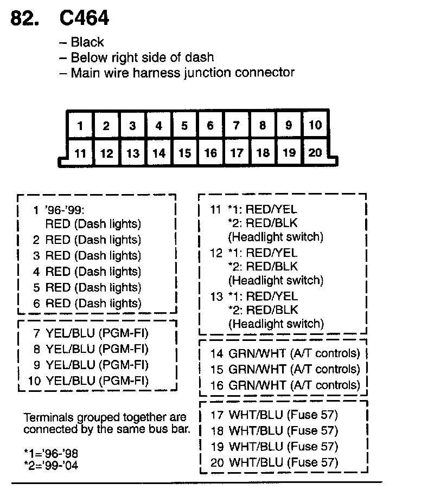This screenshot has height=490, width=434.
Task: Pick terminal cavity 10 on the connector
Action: (315, 126)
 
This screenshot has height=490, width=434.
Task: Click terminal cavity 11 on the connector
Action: (80, 153)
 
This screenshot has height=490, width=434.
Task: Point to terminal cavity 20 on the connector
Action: (315, 152)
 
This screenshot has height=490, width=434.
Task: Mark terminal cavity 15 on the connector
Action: (184, 153)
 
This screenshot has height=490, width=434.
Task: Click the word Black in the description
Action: (87, 42)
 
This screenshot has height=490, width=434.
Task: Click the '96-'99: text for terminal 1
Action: (65, 209)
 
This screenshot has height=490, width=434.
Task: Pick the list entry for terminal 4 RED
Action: (87, 272)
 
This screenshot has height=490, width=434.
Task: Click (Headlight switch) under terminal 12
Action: (276, 280)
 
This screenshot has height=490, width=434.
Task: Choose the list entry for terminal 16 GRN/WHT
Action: (285, 385)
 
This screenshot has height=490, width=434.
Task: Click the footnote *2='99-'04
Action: (51, 465)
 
